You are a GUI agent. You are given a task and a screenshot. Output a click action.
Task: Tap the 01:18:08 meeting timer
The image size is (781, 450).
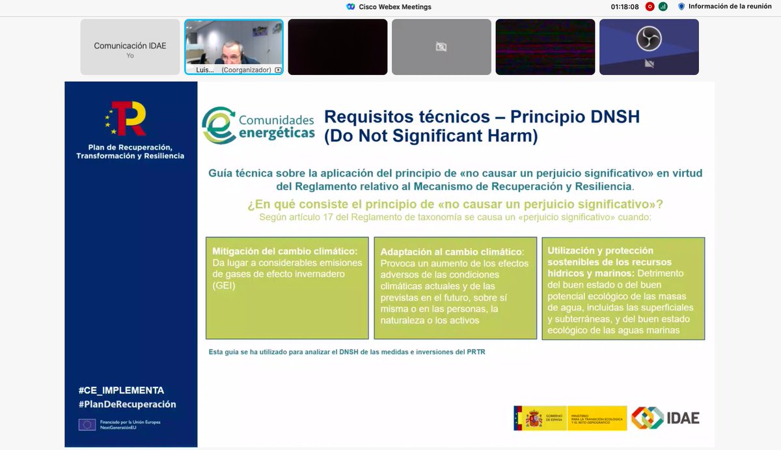pyautogui.click(x=625, y=7)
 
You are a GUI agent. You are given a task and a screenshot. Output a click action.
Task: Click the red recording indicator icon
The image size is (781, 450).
pyautogui.click(x=649, y=7)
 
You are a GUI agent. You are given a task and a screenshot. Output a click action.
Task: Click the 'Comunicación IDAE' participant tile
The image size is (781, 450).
pyautogui.click(x=130, y=47)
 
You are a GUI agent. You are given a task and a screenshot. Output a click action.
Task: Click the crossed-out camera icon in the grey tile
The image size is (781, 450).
pyautogui.click(x=441, y=47)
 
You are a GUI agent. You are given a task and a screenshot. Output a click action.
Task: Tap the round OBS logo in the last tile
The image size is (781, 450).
pyautogui.click(x=648, y=39)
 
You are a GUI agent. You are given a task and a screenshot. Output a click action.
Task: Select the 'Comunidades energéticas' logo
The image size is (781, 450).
pyautogui.click(x=258, y=125)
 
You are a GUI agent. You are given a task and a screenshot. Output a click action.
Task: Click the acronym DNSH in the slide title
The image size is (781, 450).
pyautogui.click(x=608, y=117)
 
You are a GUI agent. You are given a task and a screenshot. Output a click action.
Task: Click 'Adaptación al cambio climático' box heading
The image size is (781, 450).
pyautogui.click(x=452, y=251)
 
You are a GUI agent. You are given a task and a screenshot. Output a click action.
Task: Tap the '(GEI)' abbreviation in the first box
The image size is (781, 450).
pyautogui.click(x=224, y=286)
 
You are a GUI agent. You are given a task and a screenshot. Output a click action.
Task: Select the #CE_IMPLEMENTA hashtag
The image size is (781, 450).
pyautogui.click(x=121, y=390)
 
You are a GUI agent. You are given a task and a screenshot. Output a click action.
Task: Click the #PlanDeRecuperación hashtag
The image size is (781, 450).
pyautogui.click(x=127, y=404)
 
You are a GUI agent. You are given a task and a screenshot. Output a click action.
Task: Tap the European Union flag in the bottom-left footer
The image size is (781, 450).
pyautogui.click(x=87, y=425)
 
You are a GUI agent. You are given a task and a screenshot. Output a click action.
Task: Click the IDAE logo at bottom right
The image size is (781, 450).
pyautogui.click(x=665, y=417)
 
